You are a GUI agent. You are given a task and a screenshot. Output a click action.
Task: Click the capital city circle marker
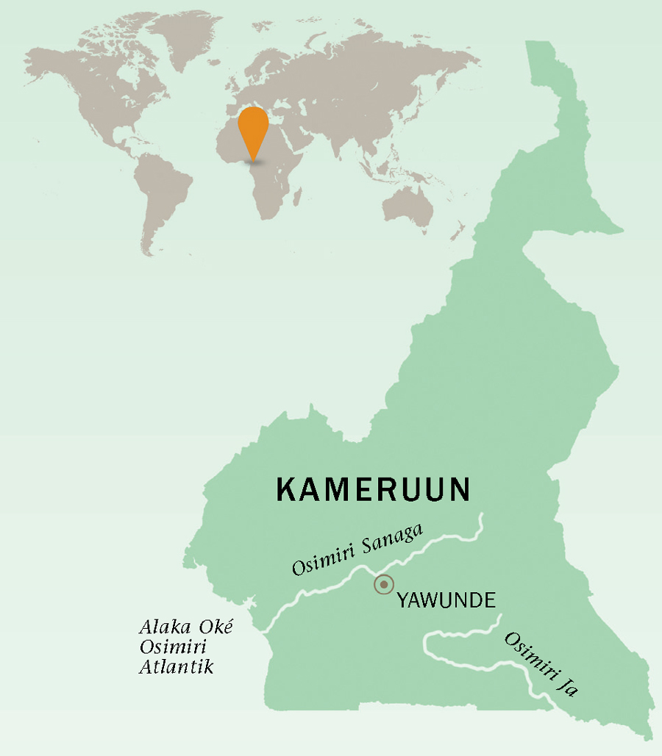[x=383, y=585]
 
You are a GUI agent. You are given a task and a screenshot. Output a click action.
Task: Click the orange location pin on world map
[x=254, y=127]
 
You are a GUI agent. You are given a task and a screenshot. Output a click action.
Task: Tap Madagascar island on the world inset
[x=299, y=197]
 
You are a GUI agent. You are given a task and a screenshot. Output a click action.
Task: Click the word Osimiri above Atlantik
[x=174, y=647]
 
